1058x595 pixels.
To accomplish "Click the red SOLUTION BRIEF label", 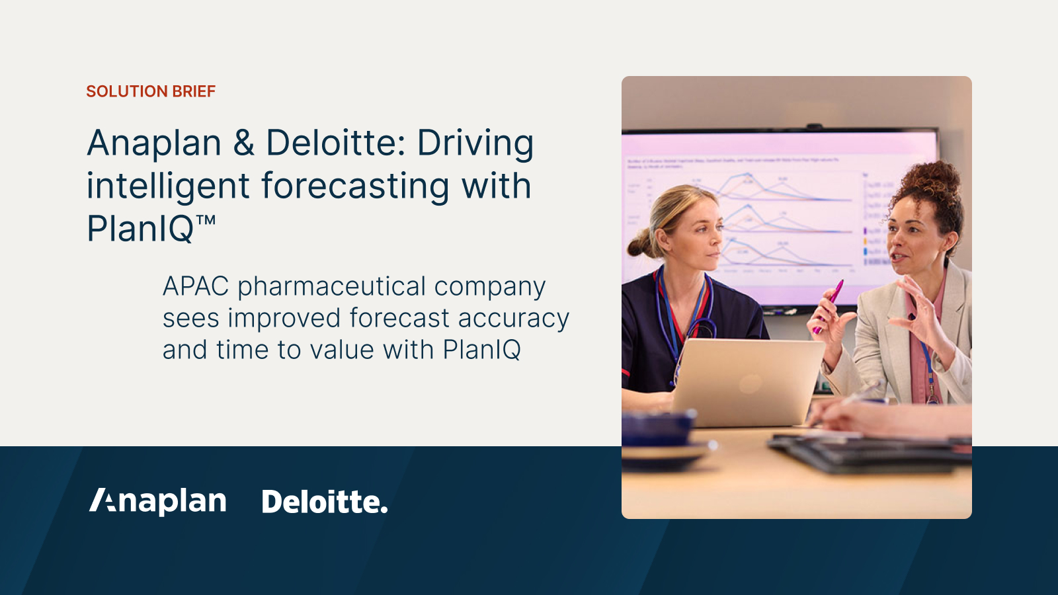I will coord(151,91).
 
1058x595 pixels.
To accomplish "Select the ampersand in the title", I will coord(243,143).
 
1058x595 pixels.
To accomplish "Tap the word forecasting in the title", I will coord(355,186).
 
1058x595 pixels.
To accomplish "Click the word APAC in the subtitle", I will coord(196,287).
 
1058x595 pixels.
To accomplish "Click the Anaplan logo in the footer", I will coord(158,501).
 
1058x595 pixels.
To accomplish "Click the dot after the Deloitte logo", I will coord(384,510).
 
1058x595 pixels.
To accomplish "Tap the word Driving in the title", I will coord(475,143).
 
